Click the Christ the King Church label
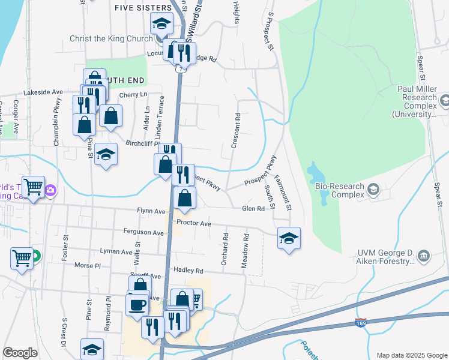pyautogui.click(x=110, y=39)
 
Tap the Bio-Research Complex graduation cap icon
pyautogui.click(x=373, y=190)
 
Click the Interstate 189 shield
pyautogui.click(x=360, y=323)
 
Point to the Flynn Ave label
pyautogui.click(x=151, y=211)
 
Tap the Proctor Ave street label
pyautogui.click(x=193, y=223)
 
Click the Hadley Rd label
pyautogui.click(x=187, y=271)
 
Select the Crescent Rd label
pyautogui.click(x=236, y=131)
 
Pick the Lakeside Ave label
pyautogui.click(x=43, y=92)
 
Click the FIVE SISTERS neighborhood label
pyautogui.click(x=143, y=7)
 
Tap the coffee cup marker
pyautogui.click(x=137, y=304)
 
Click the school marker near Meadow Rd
pyautogui.click(x=289, y=238)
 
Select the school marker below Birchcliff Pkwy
pyautogui.click(x=106, y=154)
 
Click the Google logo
pyautogui.click(x=20, y=353)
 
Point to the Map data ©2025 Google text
pyautogui.click(x=411, y=355)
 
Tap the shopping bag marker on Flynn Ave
pyautogui.click(x=185, y=197)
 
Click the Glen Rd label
pyautogui.click(x=253, y=208)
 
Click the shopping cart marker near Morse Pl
pyautogui.click(x=22, y=259)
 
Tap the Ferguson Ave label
pyautogui.click(x=143, y=232)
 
